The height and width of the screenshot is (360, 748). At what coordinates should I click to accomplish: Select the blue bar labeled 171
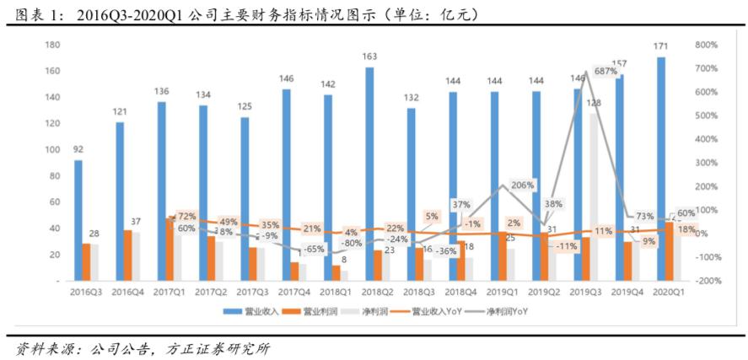[x=661, y=168]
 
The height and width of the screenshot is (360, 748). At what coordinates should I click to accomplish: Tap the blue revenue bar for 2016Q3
[x=78, y=219]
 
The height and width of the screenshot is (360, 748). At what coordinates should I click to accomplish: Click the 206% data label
[x=523, y=184]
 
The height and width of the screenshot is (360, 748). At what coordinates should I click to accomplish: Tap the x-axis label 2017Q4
[x=296, y=292]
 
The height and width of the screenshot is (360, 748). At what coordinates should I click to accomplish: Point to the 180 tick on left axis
[x=52, y=45]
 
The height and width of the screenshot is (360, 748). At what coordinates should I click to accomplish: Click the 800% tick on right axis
[x=707, y=45]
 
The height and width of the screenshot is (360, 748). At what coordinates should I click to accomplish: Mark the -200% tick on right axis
[x=705, y=281]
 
